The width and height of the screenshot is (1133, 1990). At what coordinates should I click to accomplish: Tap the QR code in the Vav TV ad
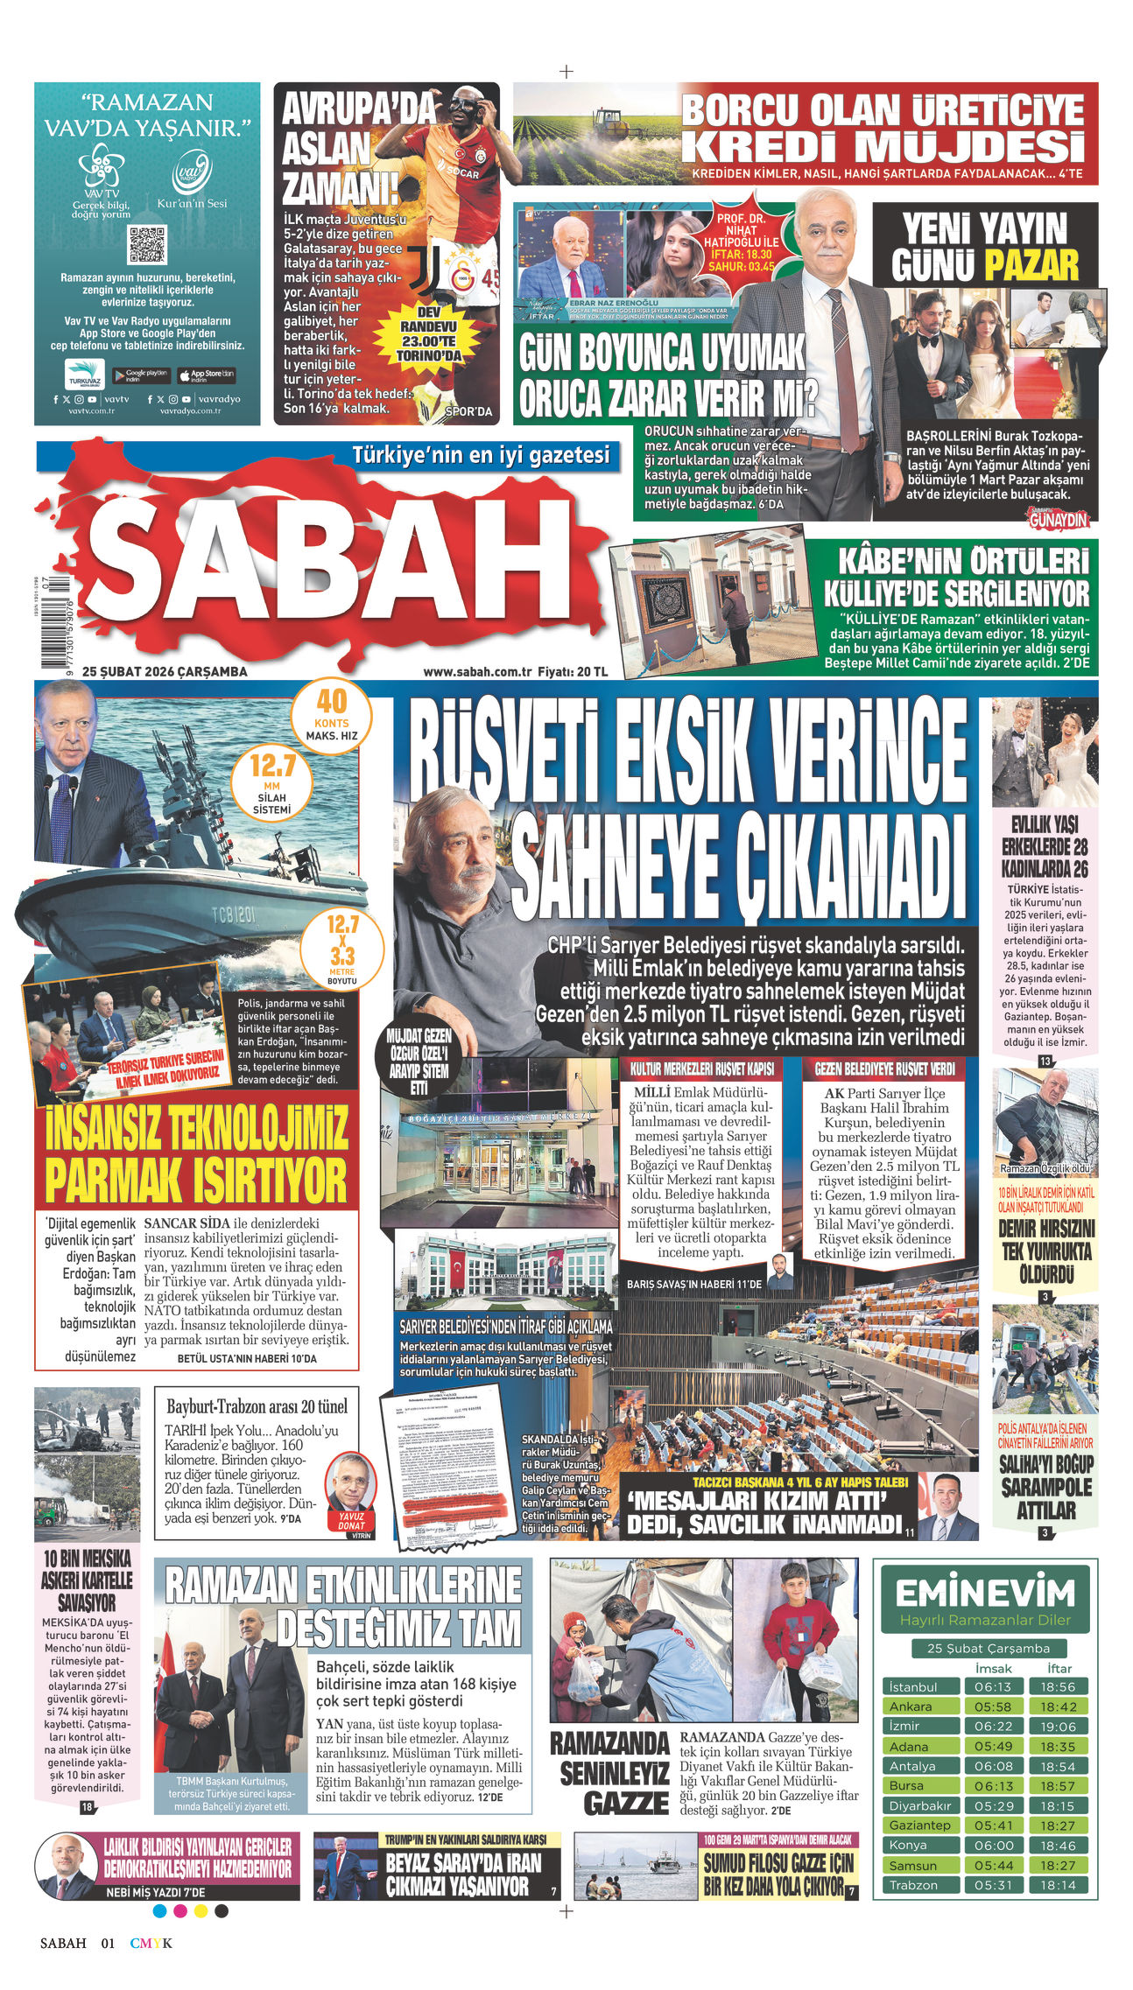coord(146,245)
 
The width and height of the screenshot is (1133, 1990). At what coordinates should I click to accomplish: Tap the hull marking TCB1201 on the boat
coord(234,915)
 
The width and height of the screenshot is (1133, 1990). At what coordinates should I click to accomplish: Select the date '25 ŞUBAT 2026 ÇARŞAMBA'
coord(165,672)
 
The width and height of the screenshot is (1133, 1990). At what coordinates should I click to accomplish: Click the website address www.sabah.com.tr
coord(477,672)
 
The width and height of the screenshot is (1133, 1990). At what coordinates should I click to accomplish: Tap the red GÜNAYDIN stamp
coord(1061,519)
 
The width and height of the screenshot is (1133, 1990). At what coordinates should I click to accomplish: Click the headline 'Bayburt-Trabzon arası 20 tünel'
coord(257,1406)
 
